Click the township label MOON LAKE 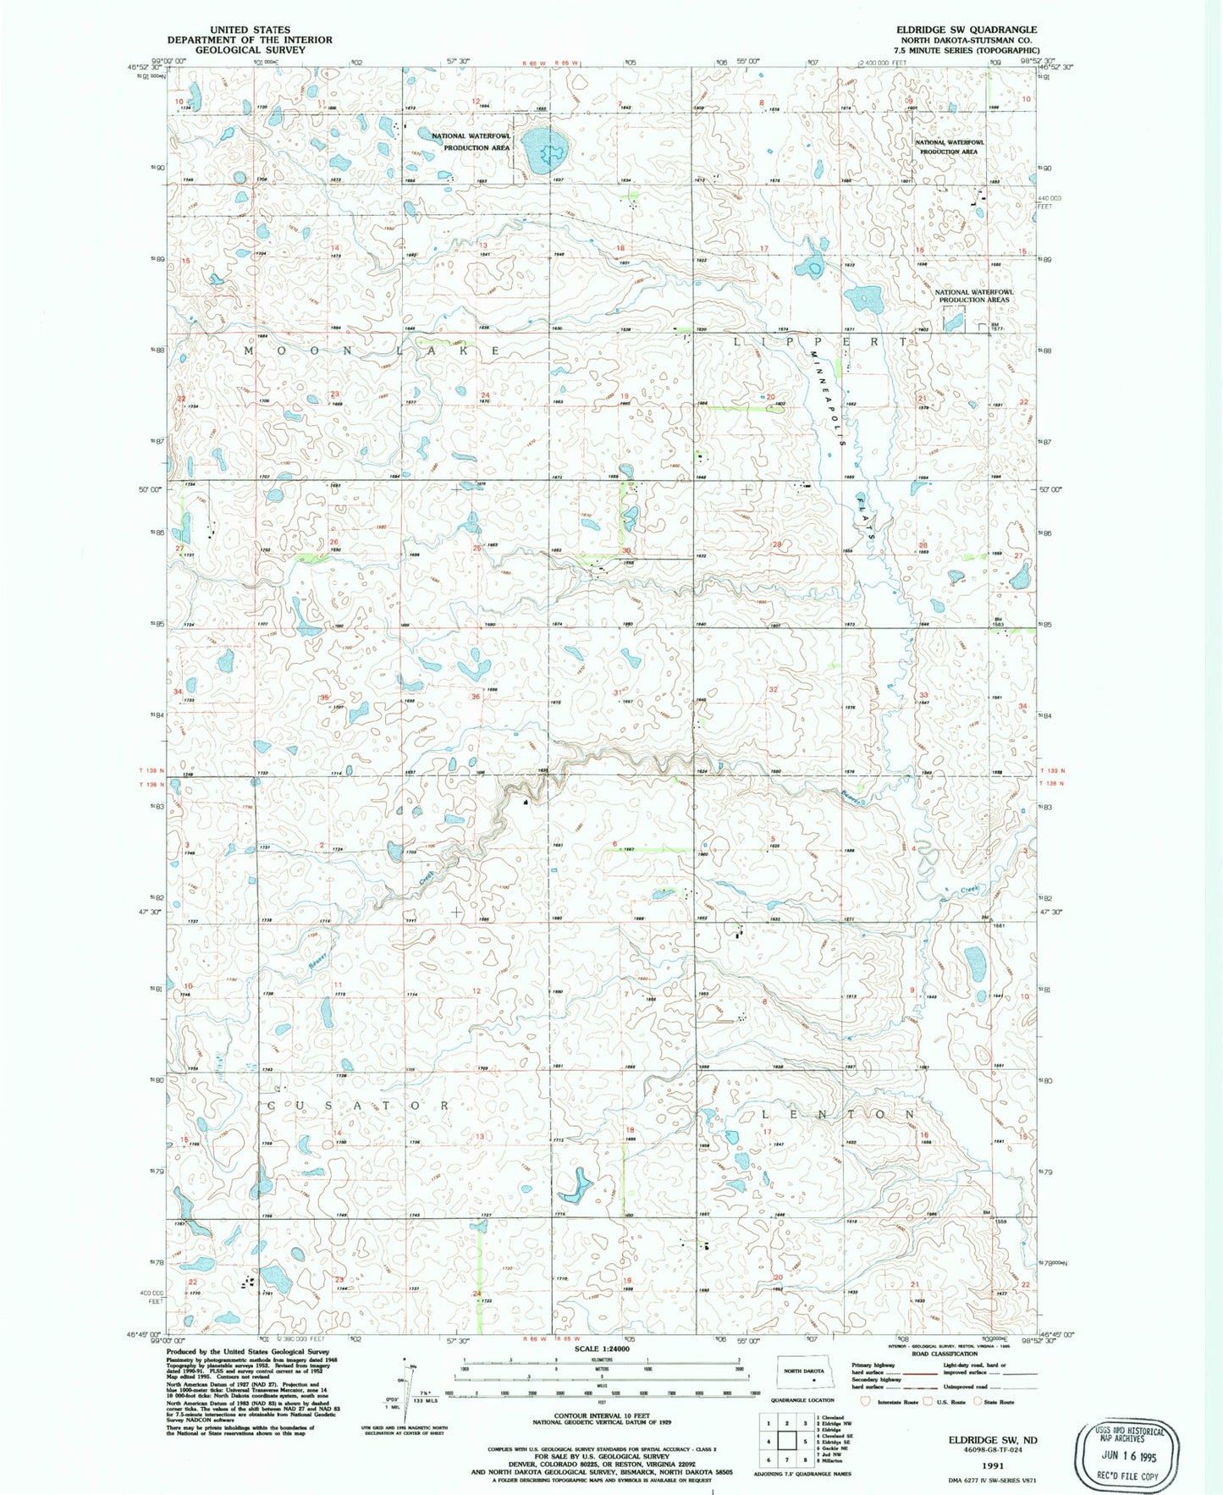(373, 350)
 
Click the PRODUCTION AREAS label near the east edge (973, 300)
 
